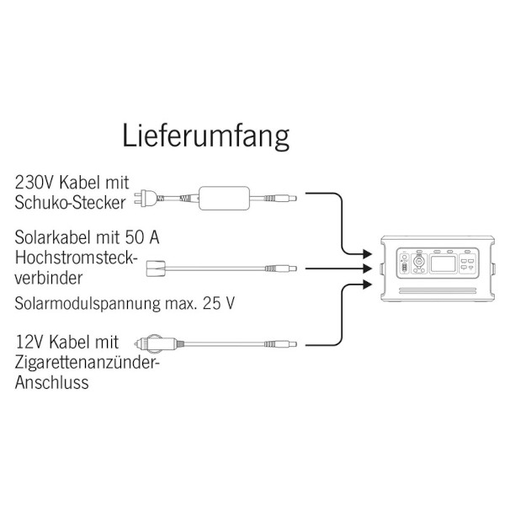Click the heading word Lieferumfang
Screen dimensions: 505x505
(x=206, y=136)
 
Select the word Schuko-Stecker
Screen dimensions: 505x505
(x=70, y=203)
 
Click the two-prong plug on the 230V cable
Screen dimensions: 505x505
(x=148, y=198)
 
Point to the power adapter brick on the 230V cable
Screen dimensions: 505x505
(x=224, y=198)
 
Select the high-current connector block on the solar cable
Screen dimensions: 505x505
(x=156, y=268)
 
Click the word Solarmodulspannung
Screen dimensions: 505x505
(x=88, y=304)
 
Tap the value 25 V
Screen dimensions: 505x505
(x=219, y=303)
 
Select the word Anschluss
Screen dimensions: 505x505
(x=52, y=383)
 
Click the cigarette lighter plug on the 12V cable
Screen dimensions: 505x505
(x=156, y=343)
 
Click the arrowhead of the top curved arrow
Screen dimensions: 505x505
(x=367, y=254)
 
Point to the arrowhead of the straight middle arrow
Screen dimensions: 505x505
(x=367, y=268)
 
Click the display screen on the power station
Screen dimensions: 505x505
(x=444, y=263)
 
